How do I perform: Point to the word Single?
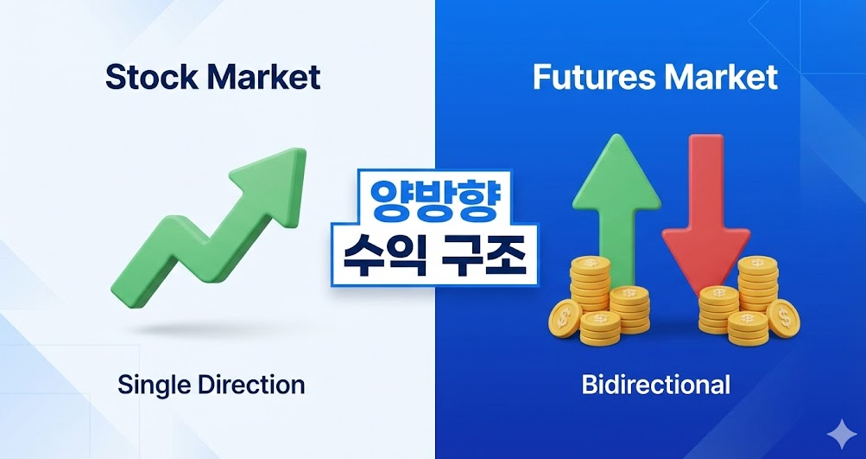[152, 385]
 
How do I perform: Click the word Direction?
[249, 385]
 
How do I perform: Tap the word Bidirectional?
[655, 385]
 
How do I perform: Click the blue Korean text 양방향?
[434, 200]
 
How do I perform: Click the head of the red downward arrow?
[705, 254]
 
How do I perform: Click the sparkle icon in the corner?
[842, 434]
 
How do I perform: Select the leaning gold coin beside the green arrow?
[565, 319]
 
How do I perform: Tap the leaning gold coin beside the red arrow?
[783, 318]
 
